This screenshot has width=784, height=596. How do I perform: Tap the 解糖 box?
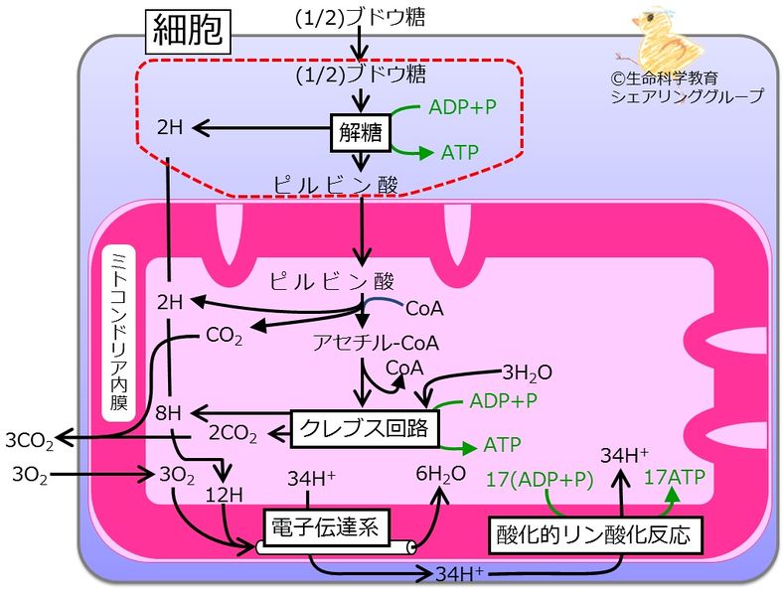359,129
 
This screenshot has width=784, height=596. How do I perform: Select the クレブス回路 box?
365,429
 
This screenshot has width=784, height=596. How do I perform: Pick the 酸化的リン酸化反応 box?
593,535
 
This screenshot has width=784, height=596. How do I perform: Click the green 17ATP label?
675,477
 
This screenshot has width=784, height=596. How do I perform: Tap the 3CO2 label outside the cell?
28,438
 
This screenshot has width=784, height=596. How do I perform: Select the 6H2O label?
440,475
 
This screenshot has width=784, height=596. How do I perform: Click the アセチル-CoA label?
377,343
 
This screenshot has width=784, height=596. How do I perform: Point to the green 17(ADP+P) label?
540,479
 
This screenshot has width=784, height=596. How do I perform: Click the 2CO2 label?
234,433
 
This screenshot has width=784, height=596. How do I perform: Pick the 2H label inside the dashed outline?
171,128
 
